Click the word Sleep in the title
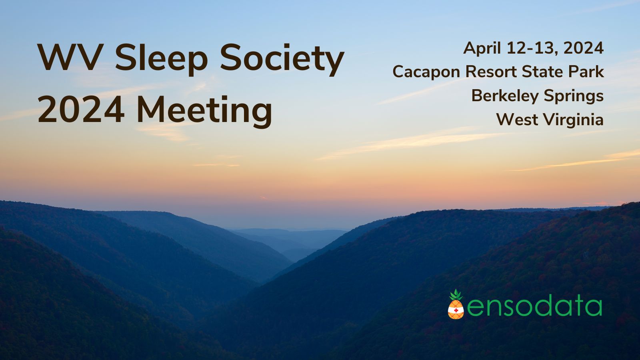[161, 58]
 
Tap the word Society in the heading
[282, 58]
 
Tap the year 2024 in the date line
[584, 48]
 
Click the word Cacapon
[426, 72]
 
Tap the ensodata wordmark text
[534, 306]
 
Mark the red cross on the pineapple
[456, 310]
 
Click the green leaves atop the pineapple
[456, 295]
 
